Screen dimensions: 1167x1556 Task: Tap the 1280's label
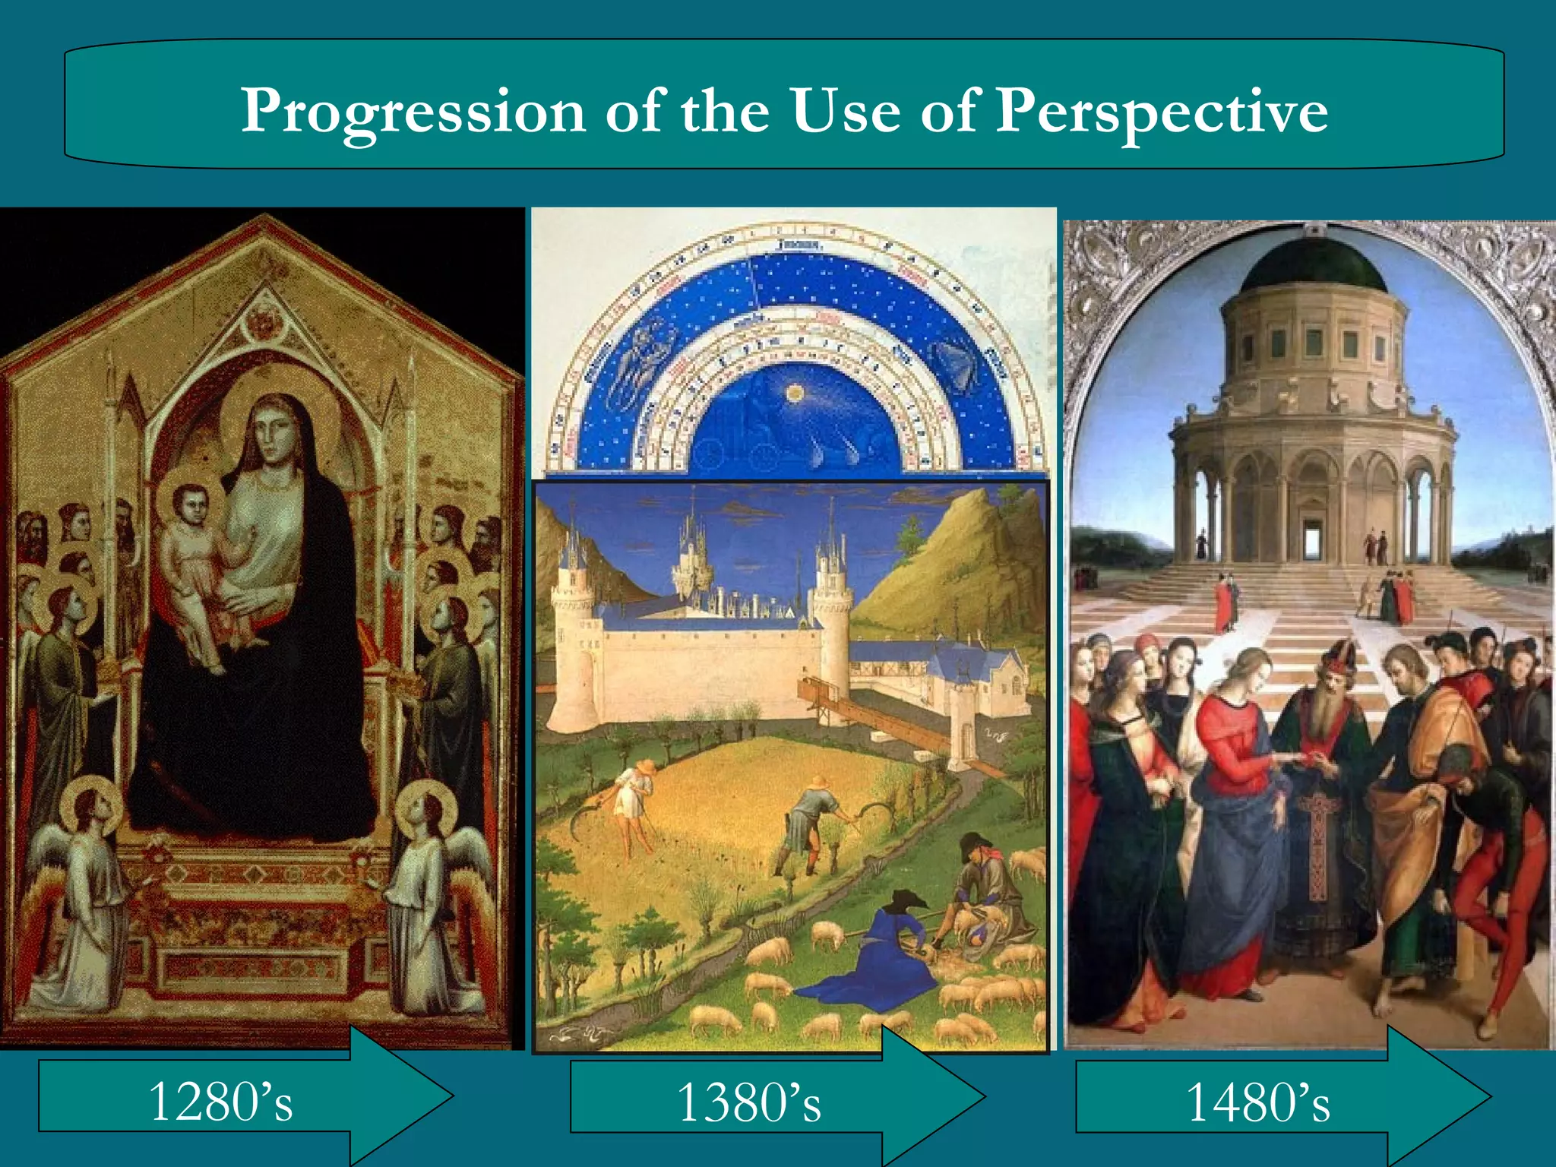tap(220, 1101)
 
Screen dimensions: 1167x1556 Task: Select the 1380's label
tap(748, 1102)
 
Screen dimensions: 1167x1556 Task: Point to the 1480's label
tap(1257, 1102)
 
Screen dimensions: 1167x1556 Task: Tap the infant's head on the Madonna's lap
tap(190, 503)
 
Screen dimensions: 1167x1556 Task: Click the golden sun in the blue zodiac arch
tap(795, 393)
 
